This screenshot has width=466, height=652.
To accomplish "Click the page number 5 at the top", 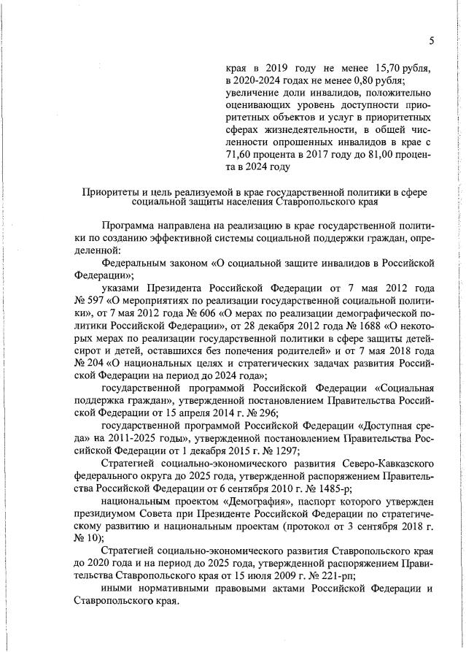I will pyautogui.click(x=431, y=41).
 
